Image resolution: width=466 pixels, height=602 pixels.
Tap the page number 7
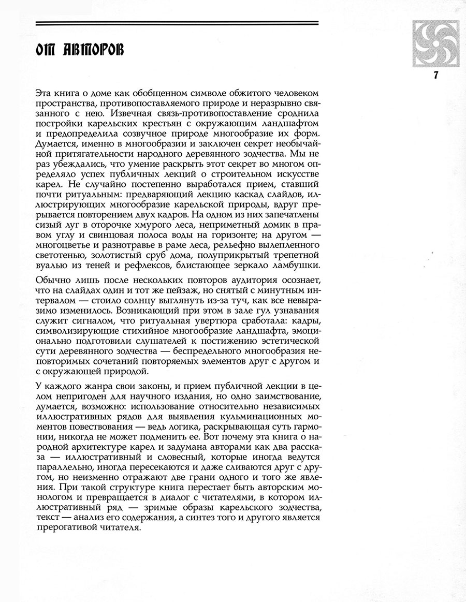tap(435, 75)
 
